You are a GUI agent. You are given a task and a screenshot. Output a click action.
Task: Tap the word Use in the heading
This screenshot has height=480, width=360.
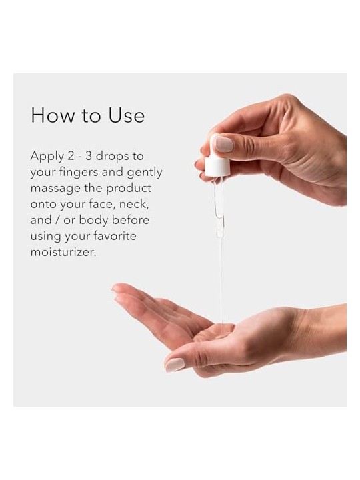coord(127,115)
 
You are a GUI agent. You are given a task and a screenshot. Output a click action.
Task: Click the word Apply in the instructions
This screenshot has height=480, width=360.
coord(47,157)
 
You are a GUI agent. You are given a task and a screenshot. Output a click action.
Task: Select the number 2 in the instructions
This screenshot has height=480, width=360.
coord(71,156)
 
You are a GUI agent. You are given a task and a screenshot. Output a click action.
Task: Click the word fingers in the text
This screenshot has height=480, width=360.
coord(79,173)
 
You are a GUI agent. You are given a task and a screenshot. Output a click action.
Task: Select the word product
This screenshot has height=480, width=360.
coord(129,189)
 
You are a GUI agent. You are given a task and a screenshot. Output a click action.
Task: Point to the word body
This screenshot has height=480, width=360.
coord(93,221)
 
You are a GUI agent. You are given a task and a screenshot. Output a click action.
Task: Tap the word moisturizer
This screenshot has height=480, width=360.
coord(63,252)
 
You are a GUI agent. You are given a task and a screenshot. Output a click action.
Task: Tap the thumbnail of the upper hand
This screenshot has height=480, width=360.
coord(224,144)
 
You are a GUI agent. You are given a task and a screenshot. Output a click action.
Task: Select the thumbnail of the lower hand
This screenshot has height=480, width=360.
coord(175,365)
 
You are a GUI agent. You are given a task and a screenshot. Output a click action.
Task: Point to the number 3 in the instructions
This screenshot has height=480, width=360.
coord(89,156)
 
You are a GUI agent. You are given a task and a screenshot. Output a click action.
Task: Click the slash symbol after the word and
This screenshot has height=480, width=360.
coord(57,220)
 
